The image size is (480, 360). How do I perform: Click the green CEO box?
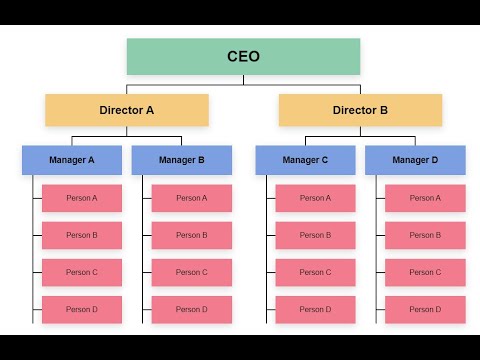pyautogui.click(x=243, y=56)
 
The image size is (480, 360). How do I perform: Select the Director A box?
pyautogui.click(x=127, y=110)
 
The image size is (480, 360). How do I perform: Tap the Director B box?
pyautogui.click(x=360, y=110)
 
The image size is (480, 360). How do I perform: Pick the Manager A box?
pyautogui.click(x=72, y=160)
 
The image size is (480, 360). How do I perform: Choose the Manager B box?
pyautogui.click(x=182, y=160)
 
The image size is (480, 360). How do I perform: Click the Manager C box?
pyautogui.click(x=305, y=160)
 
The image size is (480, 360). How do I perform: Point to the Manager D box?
pyautogui.click(x=415, y=160)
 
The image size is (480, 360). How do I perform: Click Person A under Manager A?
pyautogui.click(x=82, y=198)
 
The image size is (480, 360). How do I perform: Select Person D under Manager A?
pyautogui.click(x=82, y=309)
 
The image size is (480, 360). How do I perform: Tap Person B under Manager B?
pyautogui.click(x=192, y=235)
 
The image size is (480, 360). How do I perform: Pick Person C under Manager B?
pyautogui.click(x=192, y=272)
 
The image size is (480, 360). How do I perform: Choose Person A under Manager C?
pyautogui.click(x=315, y=198)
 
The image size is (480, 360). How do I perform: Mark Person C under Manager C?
pyautogui.click(x=315, y=272)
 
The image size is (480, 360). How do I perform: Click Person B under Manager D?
pyautogui.click(x=425, y=235)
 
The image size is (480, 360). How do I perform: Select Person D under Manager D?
pyautogui.click(x=425, y=309)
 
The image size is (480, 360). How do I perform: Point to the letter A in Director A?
pyautogui.click(x=150, y=110)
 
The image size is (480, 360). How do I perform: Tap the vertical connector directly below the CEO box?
pyautogui.click(x=243, y=80)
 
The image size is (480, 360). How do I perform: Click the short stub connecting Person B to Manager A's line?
pyautogui.click(x=37, y=235)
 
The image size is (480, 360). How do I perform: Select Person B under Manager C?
pyautogui.click(x=315, y=235)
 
